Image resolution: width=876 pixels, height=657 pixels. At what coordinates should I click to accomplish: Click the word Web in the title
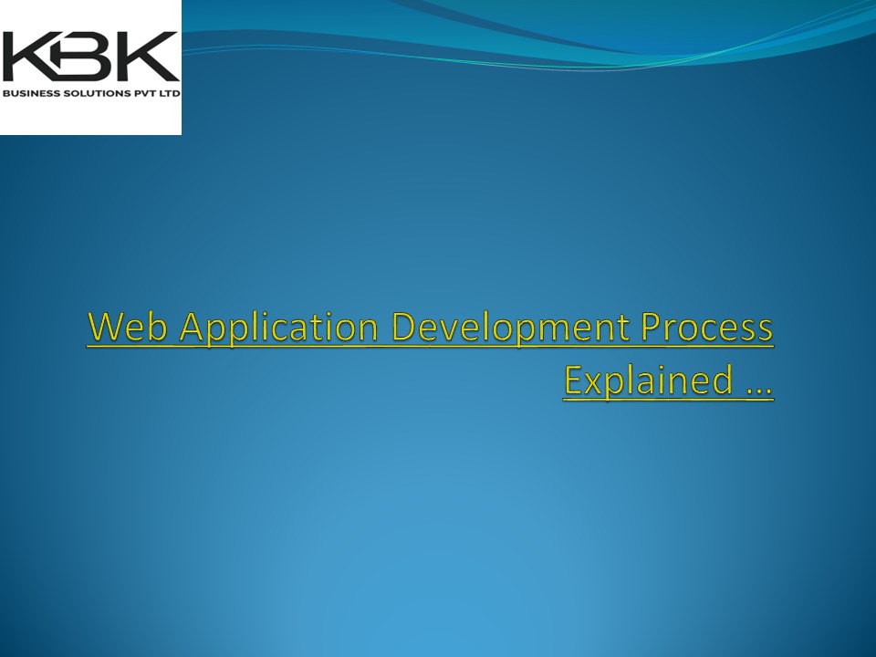[129, 328]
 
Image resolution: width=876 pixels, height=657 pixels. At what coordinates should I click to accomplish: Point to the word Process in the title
[706, 328]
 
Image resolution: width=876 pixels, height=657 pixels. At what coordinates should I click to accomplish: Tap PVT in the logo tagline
[143, 93]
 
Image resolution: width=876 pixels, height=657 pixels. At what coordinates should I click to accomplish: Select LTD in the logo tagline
[169, 93]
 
